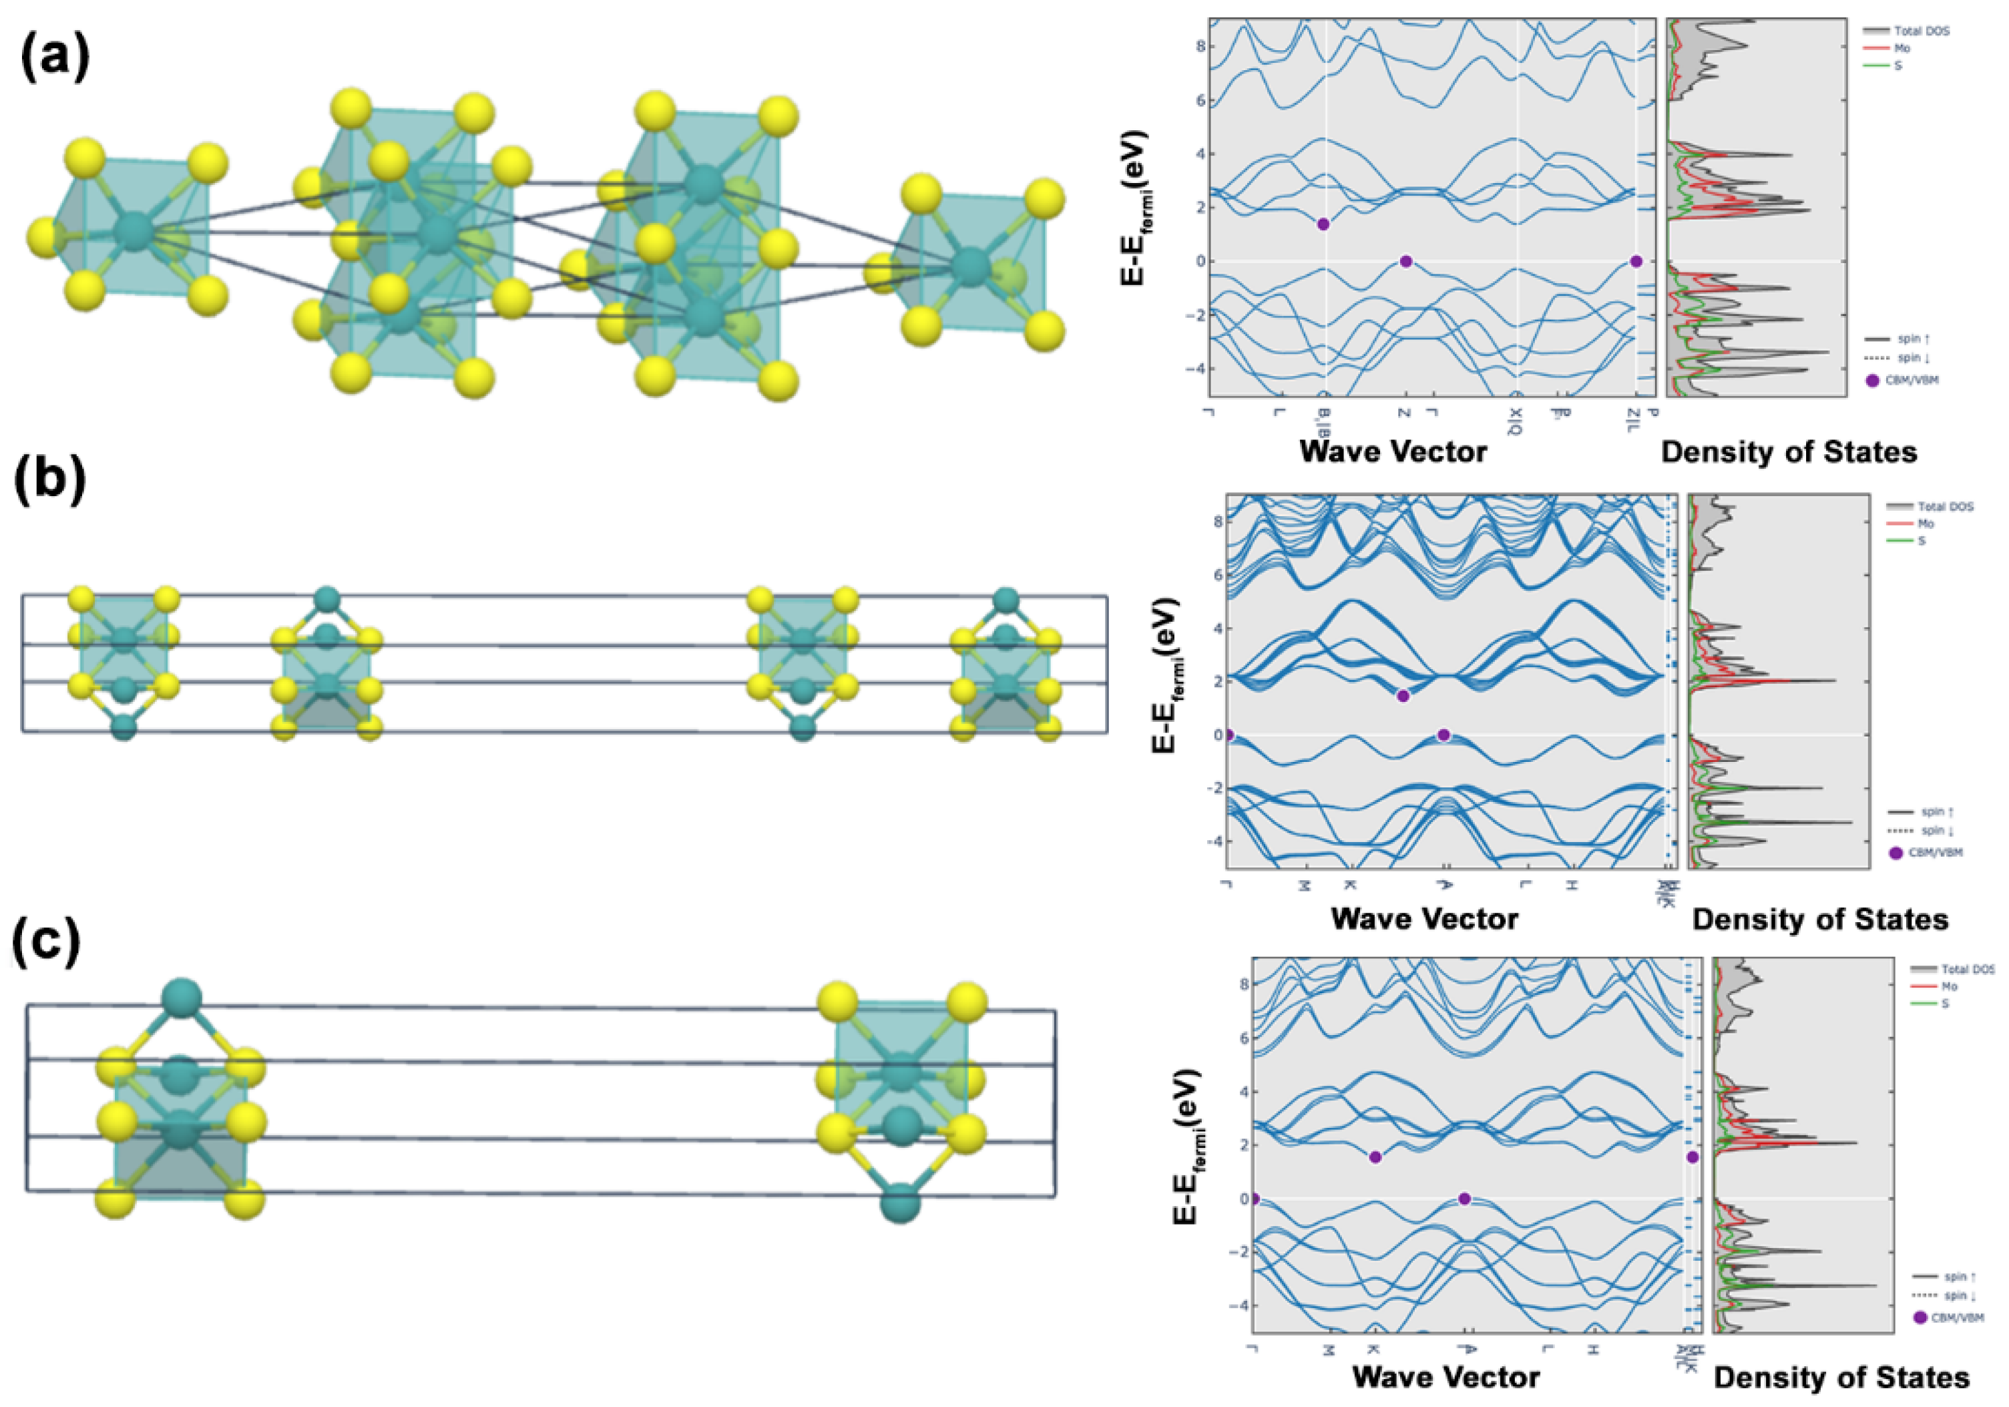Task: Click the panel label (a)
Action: [54, 59]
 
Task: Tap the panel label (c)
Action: [45, 944]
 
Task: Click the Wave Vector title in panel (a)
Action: [1393, 451]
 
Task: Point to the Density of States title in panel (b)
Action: [1820, 919]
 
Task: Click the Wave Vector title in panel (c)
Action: [1445, 1376]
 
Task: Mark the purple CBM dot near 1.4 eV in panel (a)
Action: [1323, 224]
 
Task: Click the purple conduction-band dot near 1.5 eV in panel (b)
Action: [1403, 696]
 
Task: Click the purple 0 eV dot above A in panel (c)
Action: [1464, 1199]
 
